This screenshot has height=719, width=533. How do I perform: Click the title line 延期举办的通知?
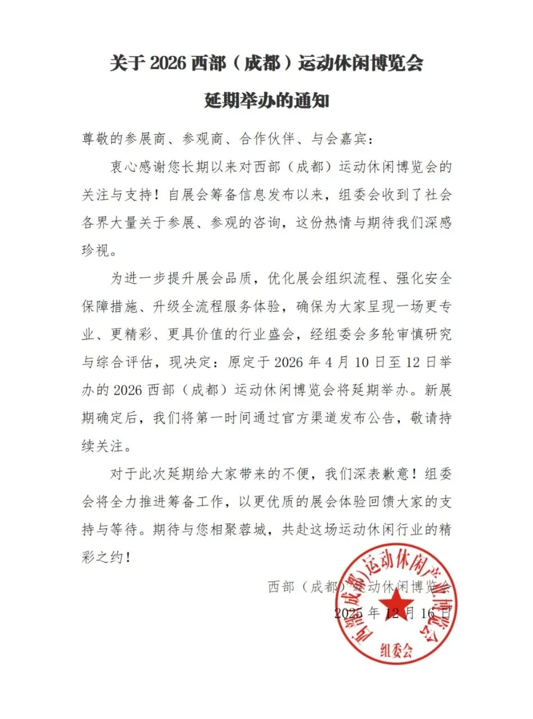coord(266,101)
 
